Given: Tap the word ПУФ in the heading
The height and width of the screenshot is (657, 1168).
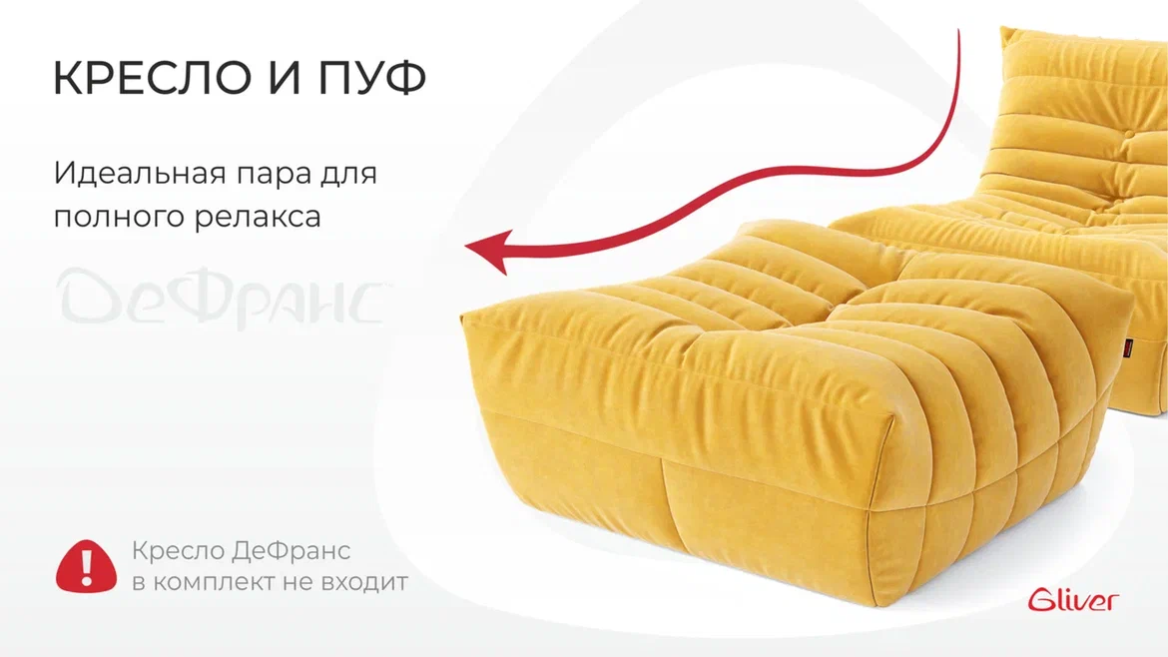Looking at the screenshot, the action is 372,78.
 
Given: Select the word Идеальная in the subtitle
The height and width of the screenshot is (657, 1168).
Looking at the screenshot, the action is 140,174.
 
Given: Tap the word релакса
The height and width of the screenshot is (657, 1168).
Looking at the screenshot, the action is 258,219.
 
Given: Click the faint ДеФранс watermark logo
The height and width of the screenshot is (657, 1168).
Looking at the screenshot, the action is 222,298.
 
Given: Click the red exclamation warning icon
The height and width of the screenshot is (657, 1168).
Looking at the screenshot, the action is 87,566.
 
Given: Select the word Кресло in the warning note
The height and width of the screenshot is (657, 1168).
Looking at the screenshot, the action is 178,550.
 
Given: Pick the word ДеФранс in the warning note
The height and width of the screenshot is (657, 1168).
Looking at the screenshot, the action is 292,550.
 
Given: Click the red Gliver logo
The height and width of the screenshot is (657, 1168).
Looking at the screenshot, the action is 1073,599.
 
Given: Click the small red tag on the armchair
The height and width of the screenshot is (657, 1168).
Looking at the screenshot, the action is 1128,344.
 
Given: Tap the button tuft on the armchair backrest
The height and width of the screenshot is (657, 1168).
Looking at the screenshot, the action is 1129,135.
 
